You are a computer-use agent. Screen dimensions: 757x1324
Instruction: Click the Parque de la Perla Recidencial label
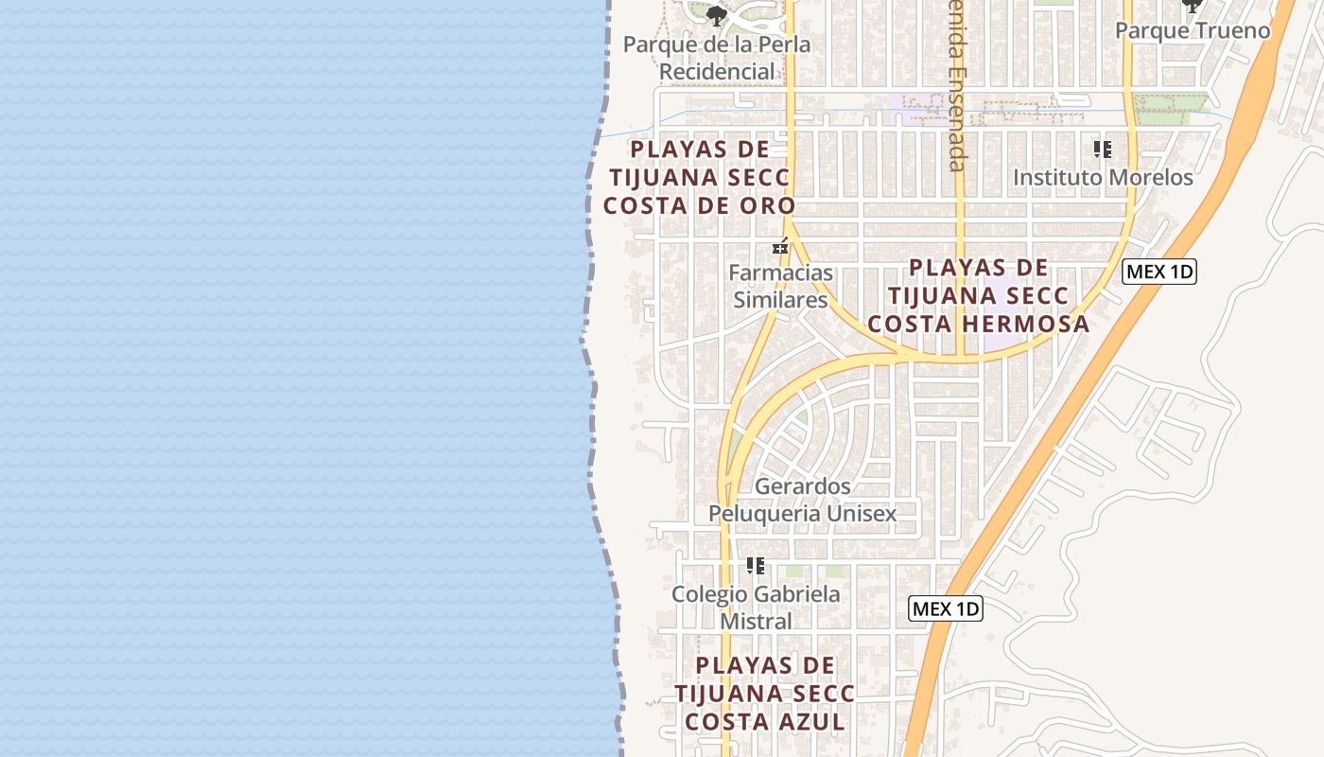717,58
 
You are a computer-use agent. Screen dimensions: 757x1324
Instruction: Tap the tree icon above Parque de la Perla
717,14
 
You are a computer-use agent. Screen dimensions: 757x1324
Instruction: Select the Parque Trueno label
1192,30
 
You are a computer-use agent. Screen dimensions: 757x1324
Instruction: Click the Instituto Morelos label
1103,177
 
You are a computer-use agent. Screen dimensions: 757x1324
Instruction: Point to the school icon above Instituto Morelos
1102,149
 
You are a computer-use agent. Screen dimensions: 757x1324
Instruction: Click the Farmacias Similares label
780,286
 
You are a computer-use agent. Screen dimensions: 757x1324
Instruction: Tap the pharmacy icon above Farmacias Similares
780,247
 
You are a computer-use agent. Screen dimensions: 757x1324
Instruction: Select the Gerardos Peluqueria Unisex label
802,500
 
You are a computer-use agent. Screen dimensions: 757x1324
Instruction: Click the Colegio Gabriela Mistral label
756,607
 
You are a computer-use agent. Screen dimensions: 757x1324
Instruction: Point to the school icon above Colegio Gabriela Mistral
755,566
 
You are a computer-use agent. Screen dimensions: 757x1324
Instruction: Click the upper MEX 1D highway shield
1159,273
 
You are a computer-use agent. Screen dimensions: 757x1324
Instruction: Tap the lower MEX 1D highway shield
946,608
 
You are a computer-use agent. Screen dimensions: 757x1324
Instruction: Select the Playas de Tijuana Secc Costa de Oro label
699,177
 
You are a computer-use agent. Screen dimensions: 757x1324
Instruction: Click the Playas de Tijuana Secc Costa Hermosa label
978,295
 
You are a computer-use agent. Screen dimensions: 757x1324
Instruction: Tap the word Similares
780,300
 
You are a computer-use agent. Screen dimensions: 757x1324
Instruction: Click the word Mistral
756,622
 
